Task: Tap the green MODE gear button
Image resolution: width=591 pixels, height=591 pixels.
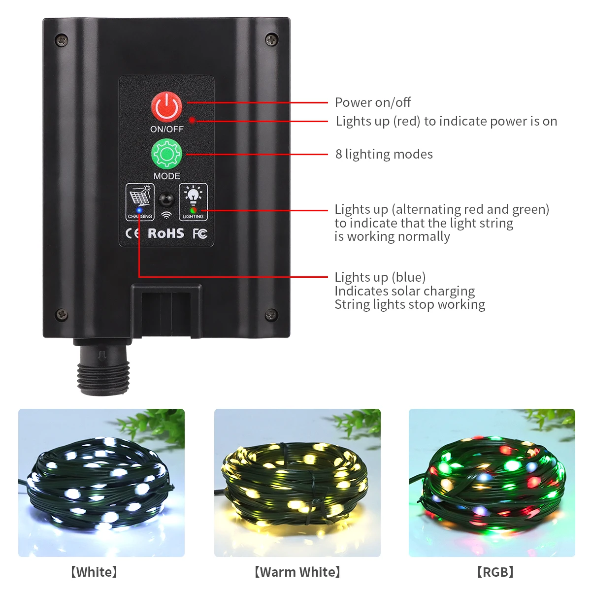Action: coord(166,154)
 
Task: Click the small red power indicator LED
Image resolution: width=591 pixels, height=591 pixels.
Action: coord(192,120)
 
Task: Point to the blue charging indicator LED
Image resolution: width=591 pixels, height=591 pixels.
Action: coord(139,210)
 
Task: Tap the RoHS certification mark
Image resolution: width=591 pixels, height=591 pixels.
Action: coord(166,233)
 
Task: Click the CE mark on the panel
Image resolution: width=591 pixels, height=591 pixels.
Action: coord(132,233)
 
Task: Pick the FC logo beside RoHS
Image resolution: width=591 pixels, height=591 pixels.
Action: coord(199,233)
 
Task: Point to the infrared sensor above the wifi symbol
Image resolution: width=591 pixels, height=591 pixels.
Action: coord(166,200)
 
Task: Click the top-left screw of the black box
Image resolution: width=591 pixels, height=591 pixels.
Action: coord(61,39)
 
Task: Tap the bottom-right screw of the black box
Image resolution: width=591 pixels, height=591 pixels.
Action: coord(271,314)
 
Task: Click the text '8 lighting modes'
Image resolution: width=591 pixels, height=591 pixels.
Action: coord(384,154)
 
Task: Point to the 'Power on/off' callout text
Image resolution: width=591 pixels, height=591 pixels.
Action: coord(372,102)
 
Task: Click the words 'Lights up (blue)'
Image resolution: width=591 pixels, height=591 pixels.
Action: coord(380,277)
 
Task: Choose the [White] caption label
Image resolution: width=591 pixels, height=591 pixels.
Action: coord(94,572)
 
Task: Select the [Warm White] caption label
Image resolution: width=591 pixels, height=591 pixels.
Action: coord(297,572)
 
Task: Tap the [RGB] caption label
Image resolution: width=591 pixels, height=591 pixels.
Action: coord(495,572)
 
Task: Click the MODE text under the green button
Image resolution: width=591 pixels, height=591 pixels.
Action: coord(166,176)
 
